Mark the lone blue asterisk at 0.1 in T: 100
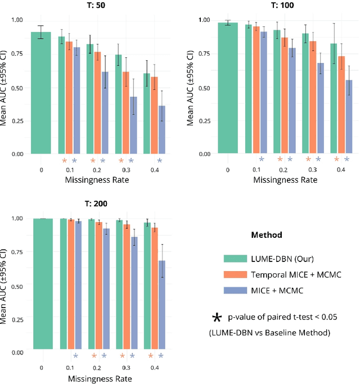tap(261, 160)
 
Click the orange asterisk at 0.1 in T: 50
tap(65, 160)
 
